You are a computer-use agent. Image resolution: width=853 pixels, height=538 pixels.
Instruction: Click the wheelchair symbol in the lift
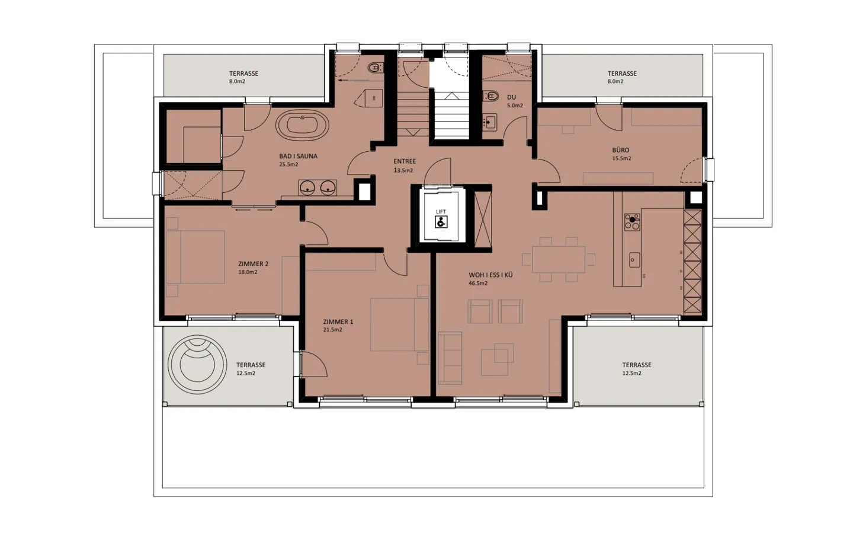(441, 222)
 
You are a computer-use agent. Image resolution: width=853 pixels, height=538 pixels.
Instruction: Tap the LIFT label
(441, 212)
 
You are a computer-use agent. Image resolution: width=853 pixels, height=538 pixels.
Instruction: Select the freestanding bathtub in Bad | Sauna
(302, 126)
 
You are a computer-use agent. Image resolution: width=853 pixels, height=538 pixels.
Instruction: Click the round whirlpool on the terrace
(197, 364)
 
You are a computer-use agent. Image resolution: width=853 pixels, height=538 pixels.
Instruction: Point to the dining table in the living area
(558, 259)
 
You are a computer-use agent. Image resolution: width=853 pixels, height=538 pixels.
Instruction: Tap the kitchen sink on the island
(634, 260)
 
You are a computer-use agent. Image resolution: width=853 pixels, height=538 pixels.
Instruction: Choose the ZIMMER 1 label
(338, 322)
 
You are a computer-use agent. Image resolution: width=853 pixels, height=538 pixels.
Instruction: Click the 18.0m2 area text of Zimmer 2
(248, 272)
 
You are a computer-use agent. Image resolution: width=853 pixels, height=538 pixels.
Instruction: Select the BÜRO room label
(621, 150)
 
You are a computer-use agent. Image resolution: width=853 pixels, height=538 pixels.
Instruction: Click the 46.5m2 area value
(478, 284)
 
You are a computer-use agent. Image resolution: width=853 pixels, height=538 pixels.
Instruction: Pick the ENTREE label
(405, 161)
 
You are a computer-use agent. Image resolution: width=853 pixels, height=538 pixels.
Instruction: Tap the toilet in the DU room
(490, 95)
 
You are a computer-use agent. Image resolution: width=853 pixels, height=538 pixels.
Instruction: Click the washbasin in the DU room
(489, 122)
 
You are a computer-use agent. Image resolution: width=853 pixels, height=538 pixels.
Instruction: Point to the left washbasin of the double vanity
(307, 188)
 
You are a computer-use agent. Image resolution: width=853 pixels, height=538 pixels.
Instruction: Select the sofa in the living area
(450, 358)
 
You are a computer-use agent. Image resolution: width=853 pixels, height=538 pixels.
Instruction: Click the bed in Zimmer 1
(399, 324)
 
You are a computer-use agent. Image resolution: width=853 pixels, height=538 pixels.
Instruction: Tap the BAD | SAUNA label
(298, 157)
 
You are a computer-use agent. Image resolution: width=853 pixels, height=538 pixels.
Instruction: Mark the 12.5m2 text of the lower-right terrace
(631, 374)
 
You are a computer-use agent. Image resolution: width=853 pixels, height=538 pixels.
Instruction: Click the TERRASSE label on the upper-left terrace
(243, 74)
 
